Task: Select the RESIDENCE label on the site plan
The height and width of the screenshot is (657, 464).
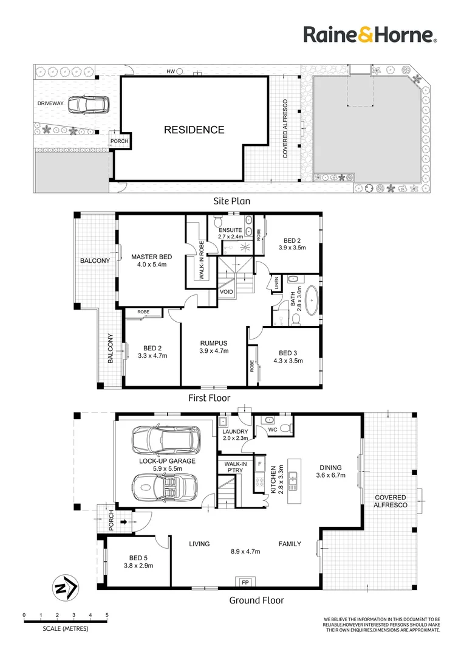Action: [x=193, y=130]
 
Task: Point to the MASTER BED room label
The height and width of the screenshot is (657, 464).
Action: [x=149, y=257]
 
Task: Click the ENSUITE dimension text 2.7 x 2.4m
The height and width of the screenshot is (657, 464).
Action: [x=230, y=237]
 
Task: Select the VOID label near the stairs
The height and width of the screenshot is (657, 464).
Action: [x=227, y=291]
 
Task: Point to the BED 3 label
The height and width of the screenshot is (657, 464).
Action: [x=287, y=353]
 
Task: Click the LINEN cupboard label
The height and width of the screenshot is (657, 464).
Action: [x=276, y=283]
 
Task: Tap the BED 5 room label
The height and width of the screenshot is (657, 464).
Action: [x=138, y=558]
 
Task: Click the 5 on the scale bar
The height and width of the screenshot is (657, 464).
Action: [x=107, y=615]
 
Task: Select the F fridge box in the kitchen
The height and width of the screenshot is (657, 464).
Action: [x=260, y=464]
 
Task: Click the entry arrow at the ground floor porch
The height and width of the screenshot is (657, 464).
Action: [x=124, y=521]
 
